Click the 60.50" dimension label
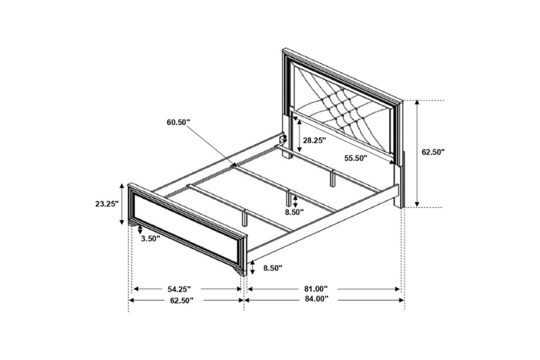(178, 122)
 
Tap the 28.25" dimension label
(314, 140)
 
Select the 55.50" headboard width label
(356, 158)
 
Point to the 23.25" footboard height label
(107, 203)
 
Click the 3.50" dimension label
(150, 238)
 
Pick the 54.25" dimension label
(181, 289)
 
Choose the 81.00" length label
(316, 289)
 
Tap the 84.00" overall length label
(316, 299)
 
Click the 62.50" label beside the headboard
(433, 152)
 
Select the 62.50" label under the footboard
(181, 299)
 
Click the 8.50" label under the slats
(294, 211)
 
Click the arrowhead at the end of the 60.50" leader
(235, 163)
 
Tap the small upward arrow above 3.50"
(140, 229)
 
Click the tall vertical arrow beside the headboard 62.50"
(416, 153)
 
